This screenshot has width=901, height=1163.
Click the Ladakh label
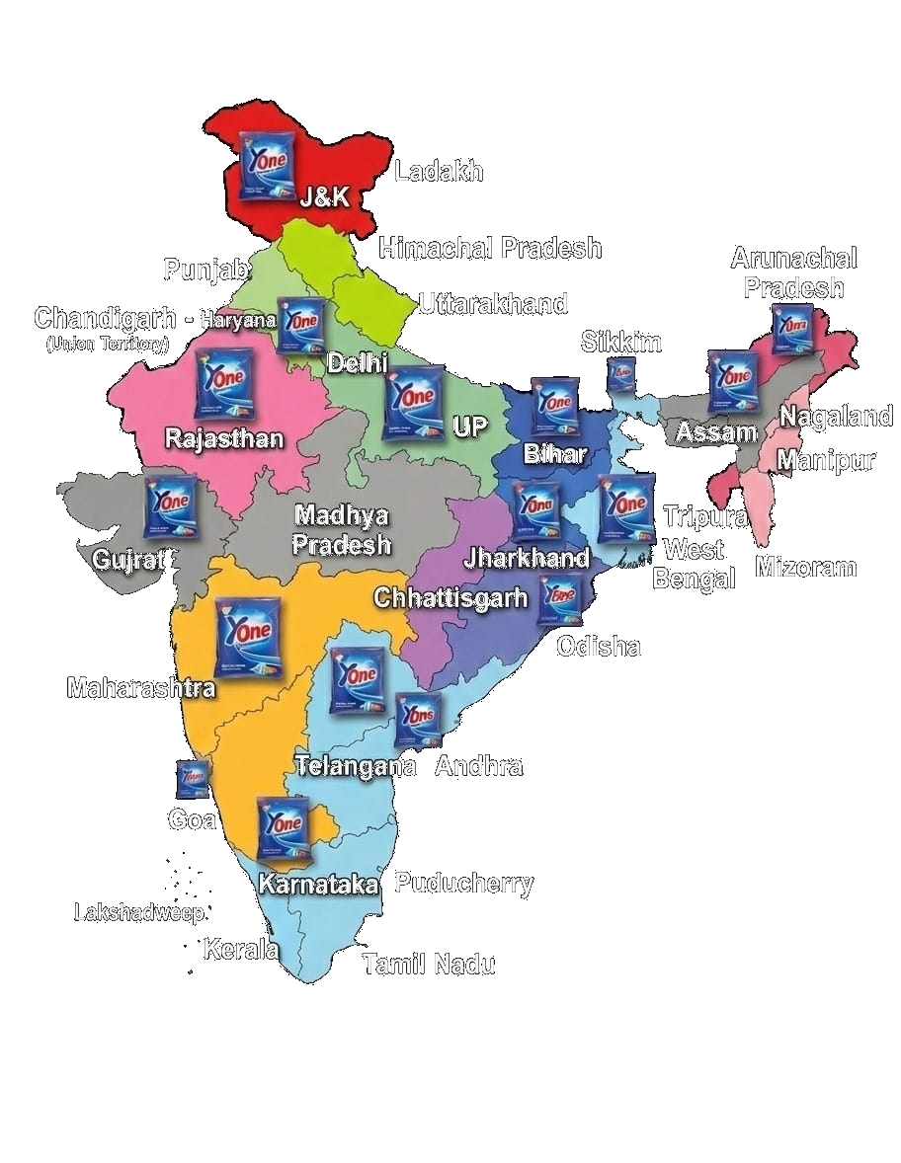pos(439,172)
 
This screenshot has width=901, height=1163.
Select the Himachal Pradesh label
pos(490,248)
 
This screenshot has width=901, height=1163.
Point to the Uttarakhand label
pos(493,303)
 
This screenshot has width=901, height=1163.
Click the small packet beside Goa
pos(193,779)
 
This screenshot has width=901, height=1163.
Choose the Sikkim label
pos(620,343)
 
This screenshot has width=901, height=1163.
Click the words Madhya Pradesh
pos(342,530)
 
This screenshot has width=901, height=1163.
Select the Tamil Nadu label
pos(429,964)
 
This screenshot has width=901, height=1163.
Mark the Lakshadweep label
pos(138,912)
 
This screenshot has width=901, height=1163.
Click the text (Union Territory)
pos(108,345)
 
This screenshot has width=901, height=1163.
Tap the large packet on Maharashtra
pos(247,638)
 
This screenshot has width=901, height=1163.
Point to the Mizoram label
pos(805,568)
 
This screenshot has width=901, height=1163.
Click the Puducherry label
pos(463,884)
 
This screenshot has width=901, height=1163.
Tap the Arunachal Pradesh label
pos(794,273)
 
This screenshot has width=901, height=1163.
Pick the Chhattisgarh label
pos(450,598)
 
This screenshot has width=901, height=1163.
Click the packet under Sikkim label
pos(620,375)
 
